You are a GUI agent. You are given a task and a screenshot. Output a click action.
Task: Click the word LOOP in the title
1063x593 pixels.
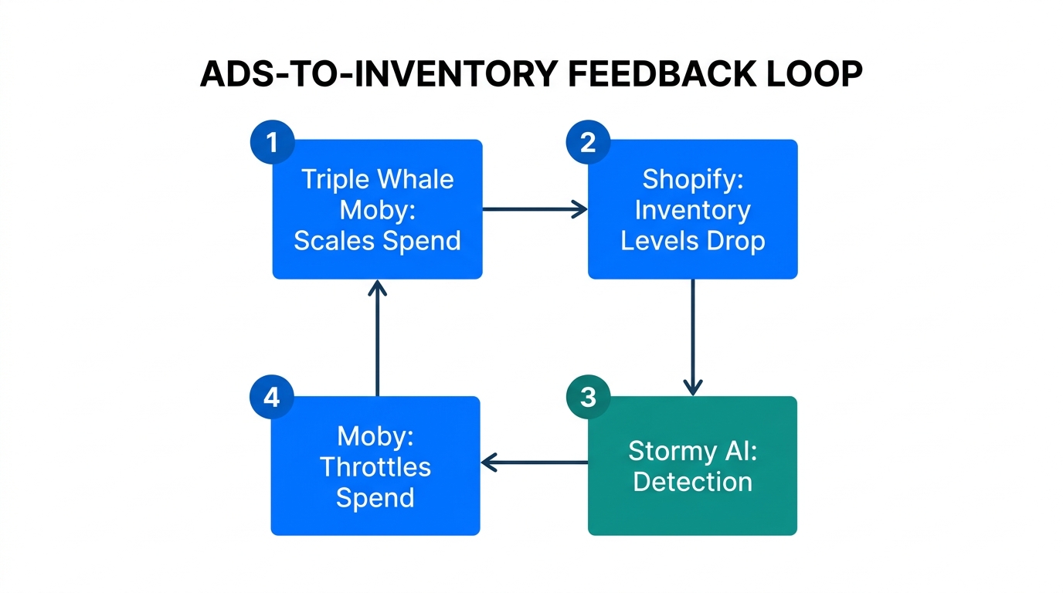pos(820,75)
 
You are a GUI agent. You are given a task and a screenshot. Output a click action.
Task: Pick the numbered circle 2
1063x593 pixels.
pos(588,143)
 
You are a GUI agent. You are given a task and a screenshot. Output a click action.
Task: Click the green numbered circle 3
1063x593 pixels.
pos(588,398)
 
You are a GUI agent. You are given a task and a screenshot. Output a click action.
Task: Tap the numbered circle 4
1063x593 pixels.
pos(271,398)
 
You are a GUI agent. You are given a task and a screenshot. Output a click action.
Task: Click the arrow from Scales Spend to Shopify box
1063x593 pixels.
pos(535,208)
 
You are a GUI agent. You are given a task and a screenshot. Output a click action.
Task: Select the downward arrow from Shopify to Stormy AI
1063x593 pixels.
pos(692,337)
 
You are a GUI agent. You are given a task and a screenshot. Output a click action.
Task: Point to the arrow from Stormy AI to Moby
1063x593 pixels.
pos(535,463)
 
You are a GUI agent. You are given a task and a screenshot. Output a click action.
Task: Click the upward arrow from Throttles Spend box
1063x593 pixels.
pos(377,337)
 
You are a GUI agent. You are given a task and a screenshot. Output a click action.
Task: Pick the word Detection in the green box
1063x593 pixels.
pos(692,482)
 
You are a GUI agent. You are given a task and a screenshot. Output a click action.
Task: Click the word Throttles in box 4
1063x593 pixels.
pos(375,467)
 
